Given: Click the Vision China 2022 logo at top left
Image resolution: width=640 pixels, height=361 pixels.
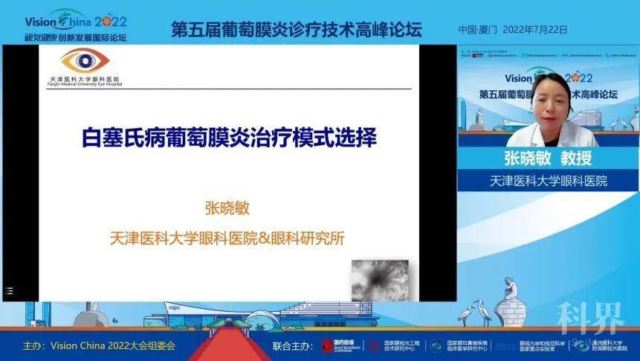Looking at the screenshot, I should (x=75, y=21).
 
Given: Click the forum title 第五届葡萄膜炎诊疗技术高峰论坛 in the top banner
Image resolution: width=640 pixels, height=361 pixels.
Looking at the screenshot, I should (x=296, y=30).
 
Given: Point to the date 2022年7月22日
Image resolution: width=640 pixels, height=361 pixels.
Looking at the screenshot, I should (x=535, y=31).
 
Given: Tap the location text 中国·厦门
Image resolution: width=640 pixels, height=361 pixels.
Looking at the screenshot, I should (x=477, y=31).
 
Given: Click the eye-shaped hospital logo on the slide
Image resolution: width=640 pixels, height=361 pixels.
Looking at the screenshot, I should (x=84, y=61).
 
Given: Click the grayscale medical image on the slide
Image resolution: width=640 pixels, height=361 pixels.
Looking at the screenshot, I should (x=380, y=279).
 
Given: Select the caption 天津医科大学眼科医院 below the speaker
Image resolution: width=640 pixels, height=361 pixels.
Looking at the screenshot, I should (x=548, y=180).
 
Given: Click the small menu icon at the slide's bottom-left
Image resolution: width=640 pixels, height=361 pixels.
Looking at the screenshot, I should (x=10, y=291).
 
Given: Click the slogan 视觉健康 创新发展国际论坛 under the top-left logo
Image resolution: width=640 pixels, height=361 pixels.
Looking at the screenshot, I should (x=75, y=36).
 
